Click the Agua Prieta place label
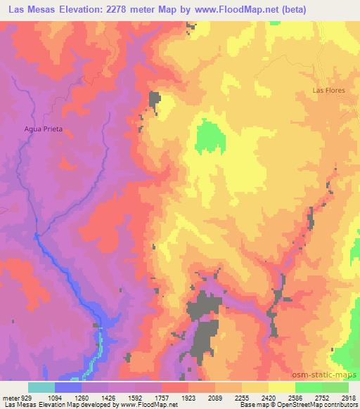[44, 129]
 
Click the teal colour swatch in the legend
[41, 387]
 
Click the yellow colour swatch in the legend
[281, 387]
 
